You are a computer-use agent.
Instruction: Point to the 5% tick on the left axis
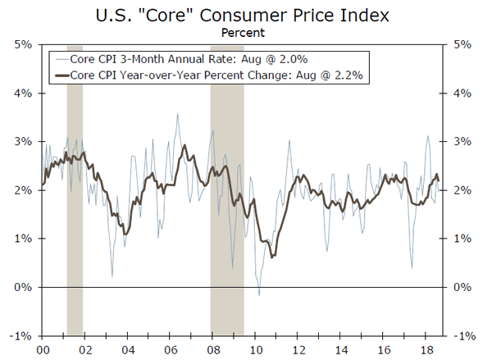[x=22, y=44]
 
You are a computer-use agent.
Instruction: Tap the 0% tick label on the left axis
[x=22, y=287]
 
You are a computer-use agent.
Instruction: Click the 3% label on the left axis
[x=22, y=141]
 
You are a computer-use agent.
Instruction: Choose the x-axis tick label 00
[x=42, y=349]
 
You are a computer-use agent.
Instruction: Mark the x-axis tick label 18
[x=426, y=349]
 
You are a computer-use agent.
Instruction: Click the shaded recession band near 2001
[x=75, y=189]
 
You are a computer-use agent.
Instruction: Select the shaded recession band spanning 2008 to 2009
[x=227, y=189]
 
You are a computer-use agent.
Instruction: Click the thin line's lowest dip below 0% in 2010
[x=259, y=294]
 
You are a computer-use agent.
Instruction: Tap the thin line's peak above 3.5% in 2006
[x=177, y=115]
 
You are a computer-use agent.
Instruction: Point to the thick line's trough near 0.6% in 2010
[x=271, y=257]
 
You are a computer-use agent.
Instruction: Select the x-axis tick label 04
[x=127, y=349]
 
